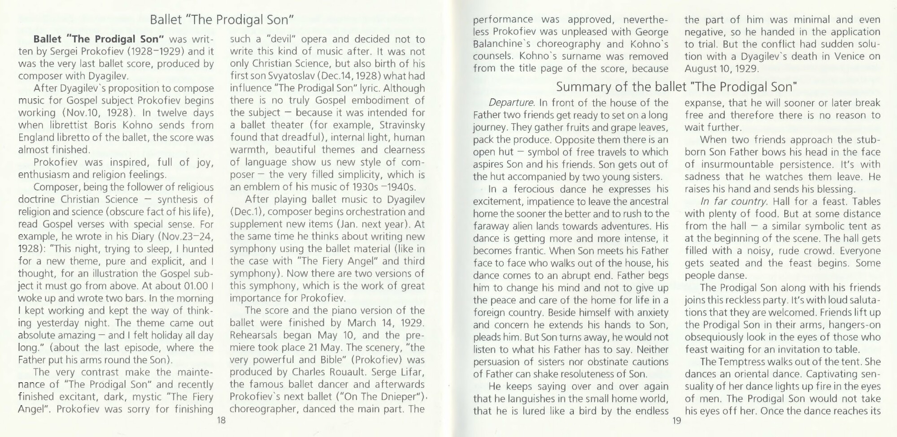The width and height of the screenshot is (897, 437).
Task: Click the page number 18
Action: click(x=221, y=420)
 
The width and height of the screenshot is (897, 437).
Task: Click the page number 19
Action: click(x=677, y=420)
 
